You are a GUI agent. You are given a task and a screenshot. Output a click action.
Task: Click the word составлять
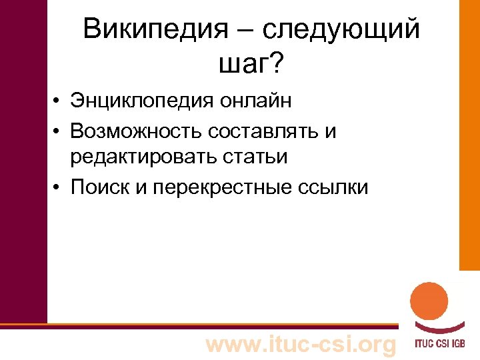(265, 131)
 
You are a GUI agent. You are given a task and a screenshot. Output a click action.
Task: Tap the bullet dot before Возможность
(59, 133)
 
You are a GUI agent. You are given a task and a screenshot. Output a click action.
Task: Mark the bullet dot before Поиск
(59, 187)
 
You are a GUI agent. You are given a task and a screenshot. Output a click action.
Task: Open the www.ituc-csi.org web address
(302, 345)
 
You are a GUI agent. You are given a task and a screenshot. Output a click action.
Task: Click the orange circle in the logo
(428, 301)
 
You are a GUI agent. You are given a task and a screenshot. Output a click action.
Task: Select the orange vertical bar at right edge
(469, 133)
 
